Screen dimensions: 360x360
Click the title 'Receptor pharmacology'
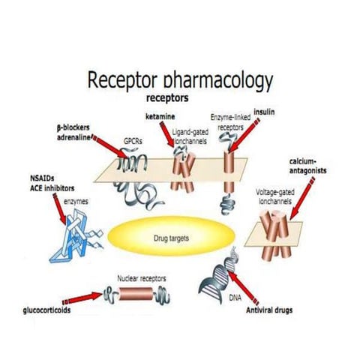coord(180,80)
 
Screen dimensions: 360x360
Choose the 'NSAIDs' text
coord(39,178)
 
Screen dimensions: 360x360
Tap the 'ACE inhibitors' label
coord(46,187)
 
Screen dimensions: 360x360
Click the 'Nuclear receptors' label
coord(142,278)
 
